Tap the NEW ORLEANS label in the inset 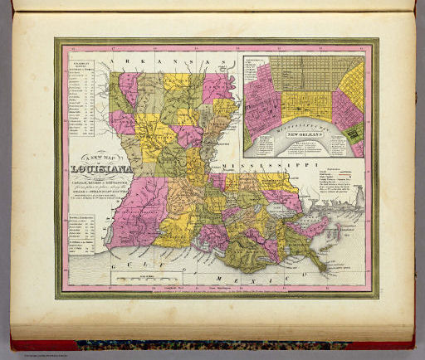click(305, 133)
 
